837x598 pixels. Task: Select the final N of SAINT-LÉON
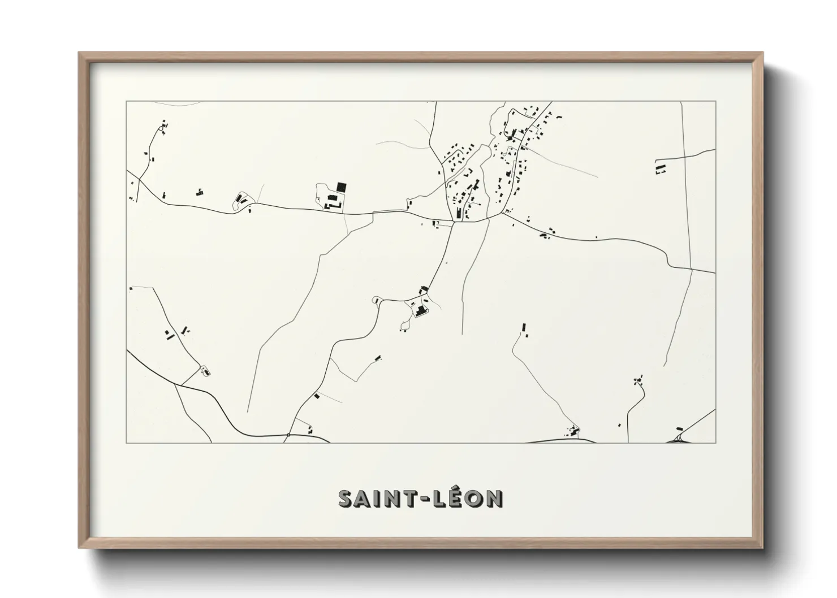[493, 499]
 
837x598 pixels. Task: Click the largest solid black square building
[341, 187]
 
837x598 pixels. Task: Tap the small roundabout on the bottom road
[288, 435]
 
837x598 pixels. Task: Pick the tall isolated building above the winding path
[524, 327]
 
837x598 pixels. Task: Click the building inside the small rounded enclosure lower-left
[205, 371]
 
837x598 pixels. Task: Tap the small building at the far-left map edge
[131, 289]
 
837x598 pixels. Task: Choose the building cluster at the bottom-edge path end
[573, 431]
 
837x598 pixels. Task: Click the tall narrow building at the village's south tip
[458, 213]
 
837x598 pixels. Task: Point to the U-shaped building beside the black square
[331, 199]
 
